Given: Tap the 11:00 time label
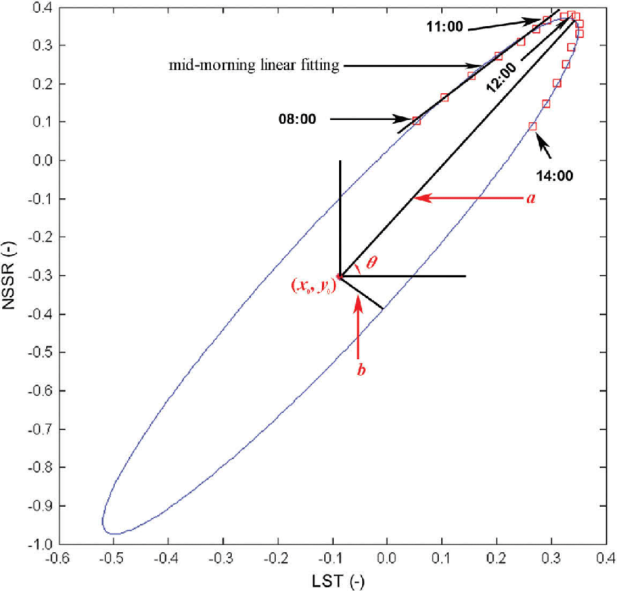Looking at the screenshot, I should tap(445, 26).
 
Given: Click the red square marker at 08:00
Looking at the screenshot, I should tap(416, 120).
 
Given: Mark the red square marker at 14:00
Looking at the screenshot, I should tap(532, 127).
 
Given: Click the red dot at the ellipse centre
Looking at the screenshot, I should tap(340, 276).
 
